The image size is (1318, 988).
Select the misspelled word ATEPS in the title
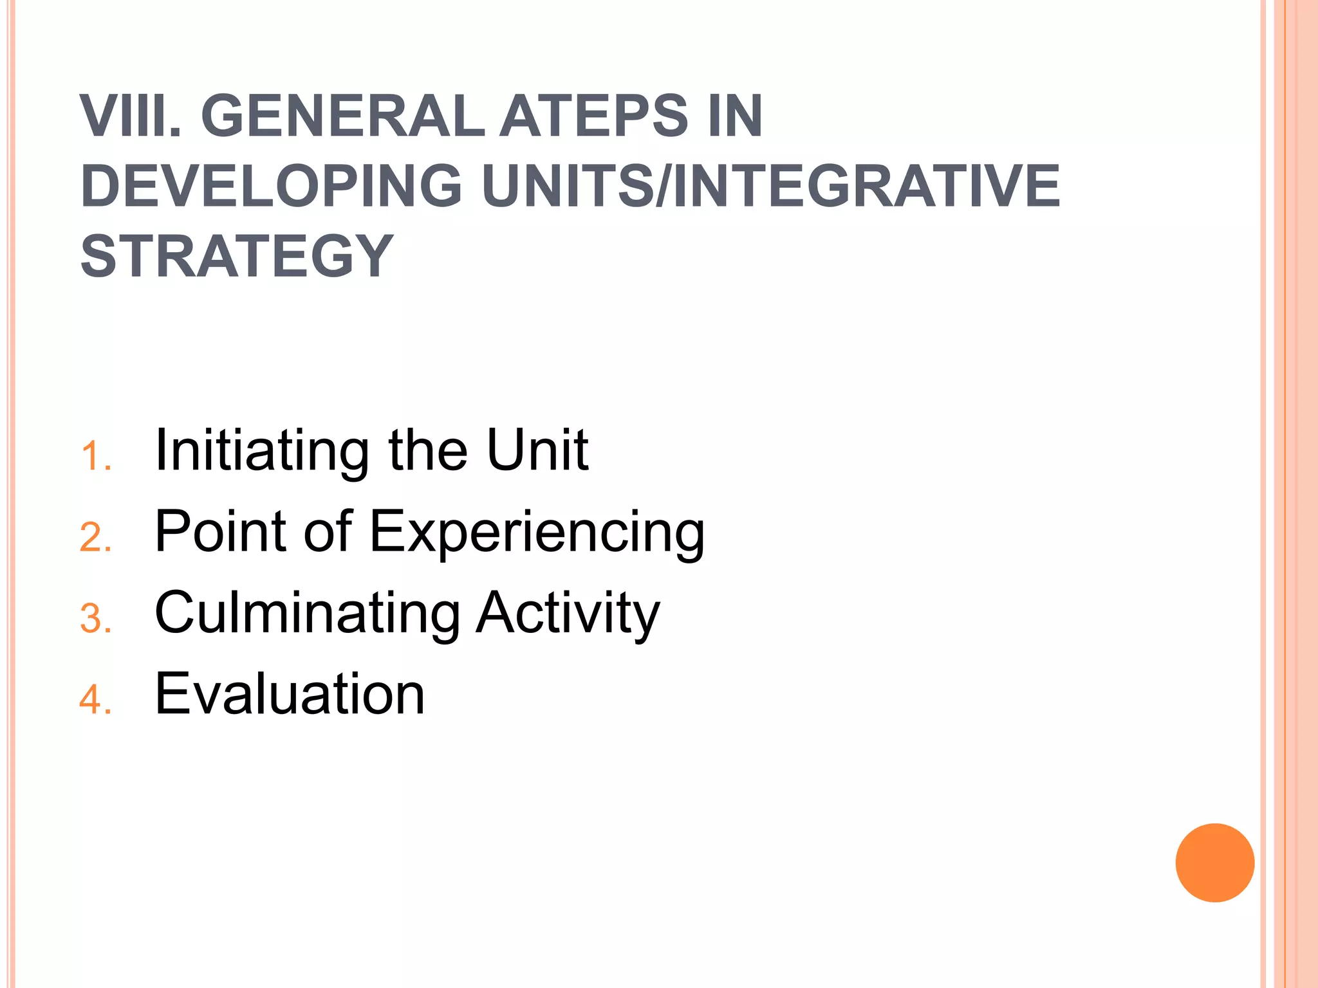click(595, 116)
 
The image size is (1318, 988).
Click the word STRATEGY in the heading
click(236, 256)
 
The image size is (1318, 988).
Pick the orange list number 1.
click(95, 457)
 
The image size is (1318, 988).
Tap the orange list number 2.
click(95, 538)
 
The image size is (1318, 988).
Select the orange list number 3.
click(95, 619)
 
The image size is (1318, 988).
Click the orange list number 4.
click(95, 700)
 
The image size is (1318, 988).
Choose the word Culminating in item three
click(308, 614)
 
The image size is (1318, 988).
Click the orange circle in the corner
click(1214, 863)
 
